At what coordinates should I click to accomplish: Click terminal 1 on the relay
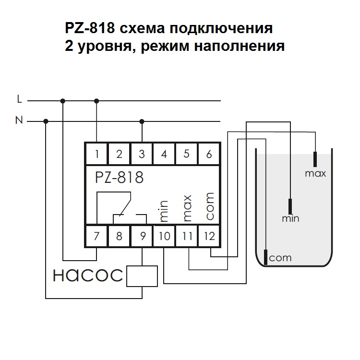point(97,154)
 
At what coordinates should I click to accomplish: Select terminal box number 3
point(142,154)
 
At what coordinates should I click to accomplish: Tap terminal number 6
point(208,154)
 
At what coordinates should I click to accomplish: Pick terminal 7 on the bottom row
point(97,236)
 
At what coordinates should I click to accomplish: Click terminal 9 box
point(142,236)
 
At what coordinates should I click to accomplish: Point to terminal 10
point(164,236)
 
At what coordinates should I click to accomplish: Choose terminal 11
point(187,236)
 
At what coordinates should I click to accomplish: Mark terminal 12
point(209,236)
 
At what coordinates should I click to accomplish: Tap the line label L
point(19,99)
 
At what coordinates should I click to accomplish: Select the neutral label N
point(19,120)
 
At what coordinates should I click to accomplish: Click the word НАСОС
point(88,275)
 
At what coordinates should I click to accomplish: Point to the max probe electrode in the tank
point(315,159)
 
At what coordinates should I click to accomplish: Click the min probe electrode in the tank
point(290,206)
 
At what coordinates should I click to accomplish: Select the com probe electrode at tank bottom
point(265,257)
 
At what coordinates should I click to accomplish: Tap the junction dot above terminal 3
point(142,121)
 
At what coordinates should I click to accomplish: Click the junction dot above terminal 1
point(97,101)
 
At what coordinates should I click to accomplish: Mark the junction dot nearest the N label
point(46,121)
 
